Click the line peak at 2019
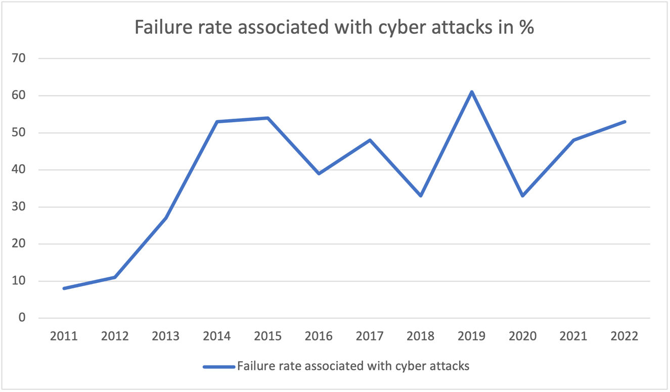(472, 92)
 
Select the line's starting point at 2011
(64, 288)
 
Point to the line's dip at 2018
(421, 195)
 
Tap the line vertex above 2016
(319, 173)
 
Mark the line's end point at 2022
(624, 122)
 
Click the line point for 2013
(166, 218)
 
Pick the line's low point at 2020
(523, 195)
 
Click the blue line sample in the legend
(219, 367)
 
